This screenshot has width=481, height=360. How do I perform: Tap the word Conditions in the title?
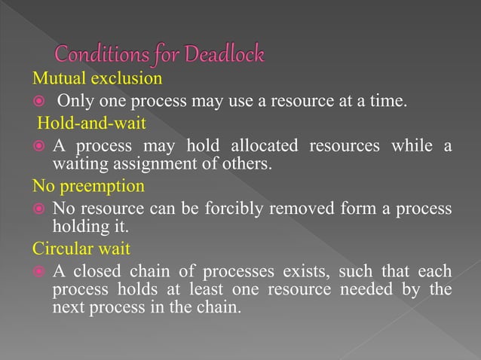coord(99,55)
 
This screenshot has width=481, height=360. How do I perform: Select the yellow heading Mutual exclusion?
coord(97,78)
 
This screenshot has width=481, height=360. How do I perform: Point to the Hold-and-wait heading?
coord(83,122)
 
